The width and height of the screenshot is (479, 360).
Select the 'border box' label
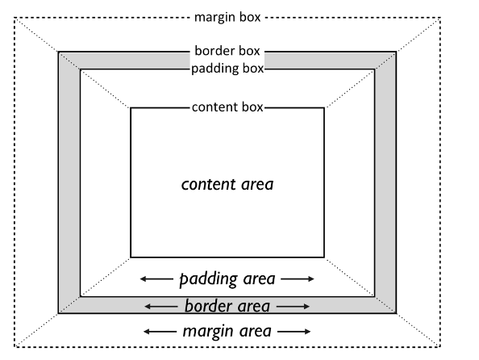pos(227,52)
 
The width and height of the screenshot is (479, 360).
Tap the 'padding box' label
pos(227,68)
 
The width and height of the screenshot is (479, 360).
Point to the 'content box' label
pos(227,107)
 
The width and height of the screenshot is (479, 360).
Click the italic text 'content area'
pos(227,184)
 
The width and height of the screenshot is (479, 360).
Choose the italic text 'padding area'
pos(227,279)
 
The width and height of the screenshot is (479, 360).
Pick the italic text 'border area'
pos(227,307)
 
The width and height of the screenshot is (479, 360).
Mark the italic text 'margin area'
pos(227,331)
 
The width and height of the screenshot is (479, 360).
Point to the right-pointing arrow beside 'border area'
pos(294,307)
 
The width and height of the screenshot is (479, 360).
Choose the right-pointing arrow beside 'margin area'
pos(295,331)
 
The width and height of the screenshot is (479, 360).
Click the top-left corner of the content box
pos(131,107)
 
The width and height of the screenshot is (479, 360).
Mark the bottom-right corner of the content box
pos(324,257)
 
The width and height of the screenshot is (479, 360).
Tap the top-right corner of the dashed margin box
pos(442,17)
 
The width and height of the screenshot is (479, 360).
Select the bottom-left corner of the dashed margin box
pos(14,347)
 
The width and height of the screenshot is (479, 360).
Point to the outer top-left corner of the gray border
pos(58,52)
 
